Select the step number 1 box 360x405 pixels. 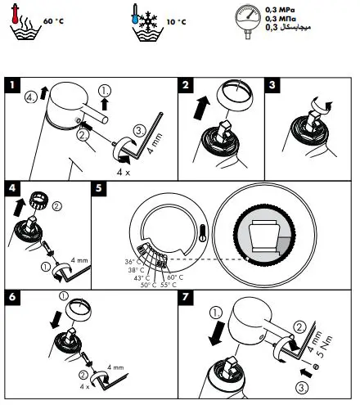click(11, 83)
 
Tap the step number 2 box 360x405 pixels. click(187, 83)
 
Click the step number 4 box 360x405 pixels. click(11, 187)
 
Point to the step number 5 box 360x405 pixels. click(99, 187)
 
